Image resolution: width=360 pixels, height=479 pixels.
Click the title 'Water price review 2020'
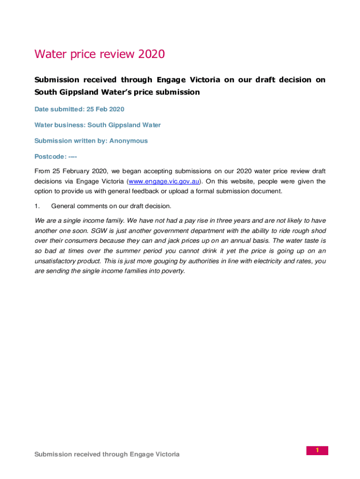[100, 55]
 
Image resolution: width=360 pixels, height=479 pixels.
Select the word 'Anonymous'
[129, 141]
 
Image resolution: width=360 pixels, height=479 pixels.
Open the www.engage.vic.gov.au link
[165, 181]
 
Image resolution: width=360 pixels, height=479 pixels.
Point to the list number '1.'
[37, 206]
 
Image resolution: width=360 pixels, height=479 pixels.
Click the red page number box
[317, 450]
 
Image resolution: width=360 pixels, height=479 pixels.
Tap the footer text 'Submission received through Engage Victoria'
[107, 454]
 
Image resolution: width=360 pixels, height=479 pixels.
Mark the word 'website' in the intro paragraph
[258, 181]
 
